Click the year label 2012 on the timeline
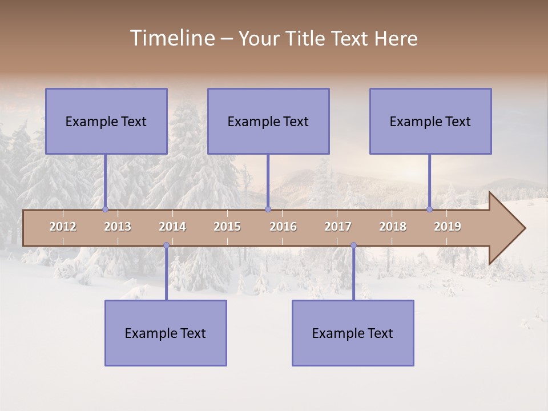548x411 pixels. coord(63,227)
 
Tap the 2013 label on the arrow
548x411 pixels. coord(118,227)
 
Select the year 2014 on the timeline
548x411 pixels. coord(172,227)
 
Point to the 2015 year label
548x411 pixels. coord(227,227)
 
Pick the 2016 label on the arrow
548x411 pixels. coord(283,227)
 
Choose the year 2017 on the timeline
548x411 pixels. coord(338,227)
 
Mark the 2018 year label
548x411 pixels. coord(393,227)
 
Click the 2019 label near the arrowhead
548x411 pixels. coord(448,227)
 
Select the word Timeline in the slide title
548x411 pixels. coord(171,38)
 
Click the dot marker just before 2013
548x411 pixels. coord(105,209)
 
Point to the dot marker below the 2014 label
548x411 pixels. coord(166,245)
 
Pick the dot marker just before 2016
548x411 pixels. coord(268,209)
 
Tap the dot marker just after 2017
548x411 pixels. coord(353,245)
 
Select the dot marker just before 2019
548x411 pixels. coord(429,209)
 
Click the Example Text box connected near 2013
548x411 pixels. coord(106,121)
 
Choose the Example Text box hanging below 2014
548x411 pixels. coord(166,333)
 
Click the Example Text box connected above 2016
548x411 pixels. coord(268,121)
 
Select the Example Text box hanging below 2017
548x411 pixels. coord(353,333)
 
